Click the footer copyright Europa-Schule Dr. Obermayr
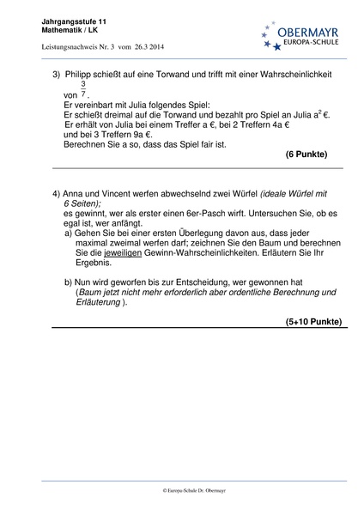pyautogui.click(x=182, y=490)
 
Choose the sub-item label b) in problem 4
pyautogui.click(x=69, y=282)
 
